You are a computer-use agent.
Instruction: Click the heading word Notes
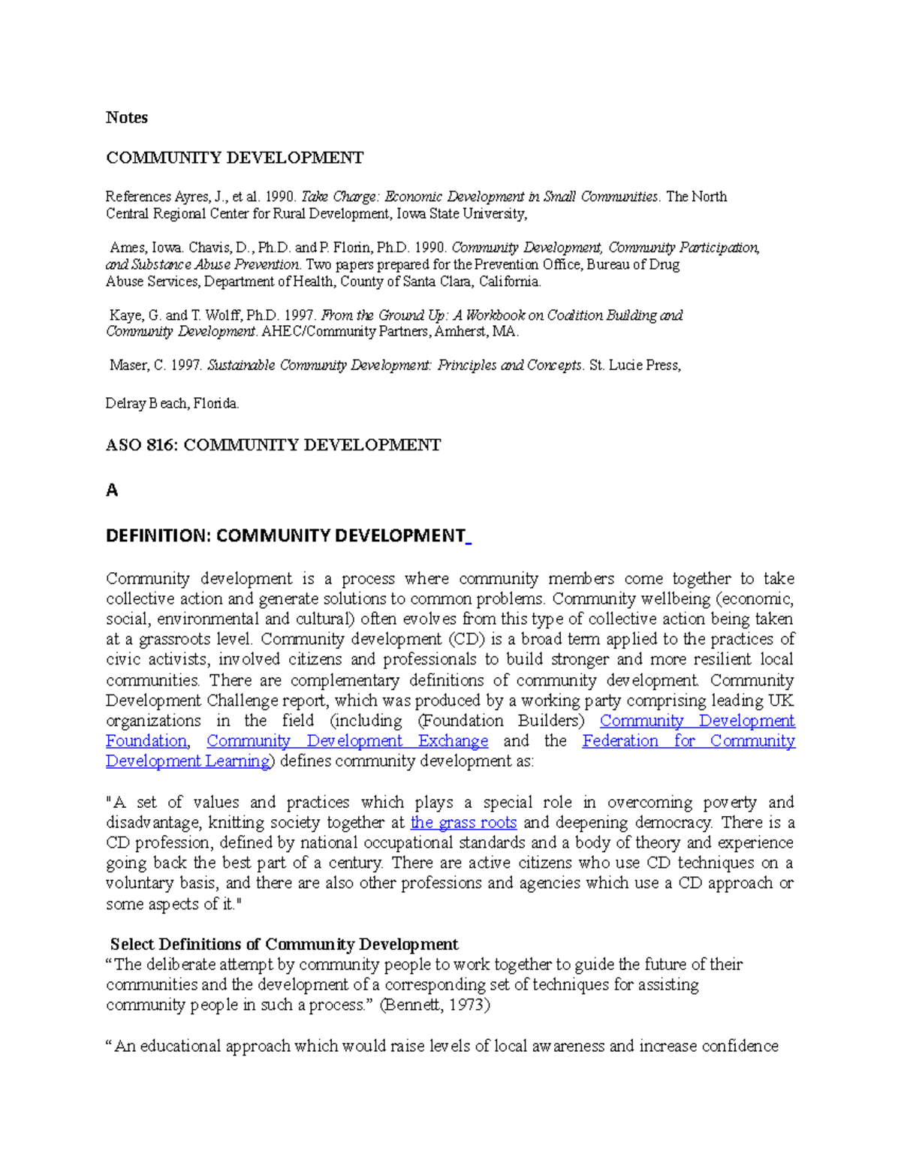[x=126, y=117]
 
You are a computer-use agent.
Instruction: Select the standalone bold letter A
[x=112, y=490]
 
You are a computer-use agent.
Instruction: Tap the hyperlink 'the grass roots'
[x=463, y=822]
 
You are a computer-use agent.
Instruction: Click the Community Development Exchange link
[x=347, y=741]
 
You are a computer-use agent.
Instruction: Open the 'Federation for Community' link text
[x=689, y=741]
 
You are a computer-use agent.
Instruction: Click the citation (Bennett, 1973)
[x=435, y=1005]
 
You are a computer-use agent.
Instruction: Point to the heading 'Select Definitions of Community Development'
[x=284, y=944]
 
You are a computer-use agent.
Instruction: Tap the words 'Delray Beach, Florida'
[x=172, y=403]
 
